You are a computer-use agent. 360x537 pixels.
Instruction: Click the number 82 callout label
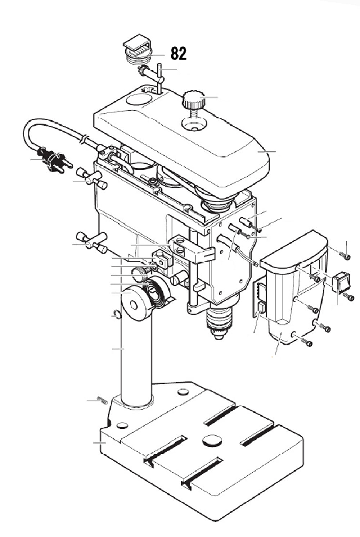179,54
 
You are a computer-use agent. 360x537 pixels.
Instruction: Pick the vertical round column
136,360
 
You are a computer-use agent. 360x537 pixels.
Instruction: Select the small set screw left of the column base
103,400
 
